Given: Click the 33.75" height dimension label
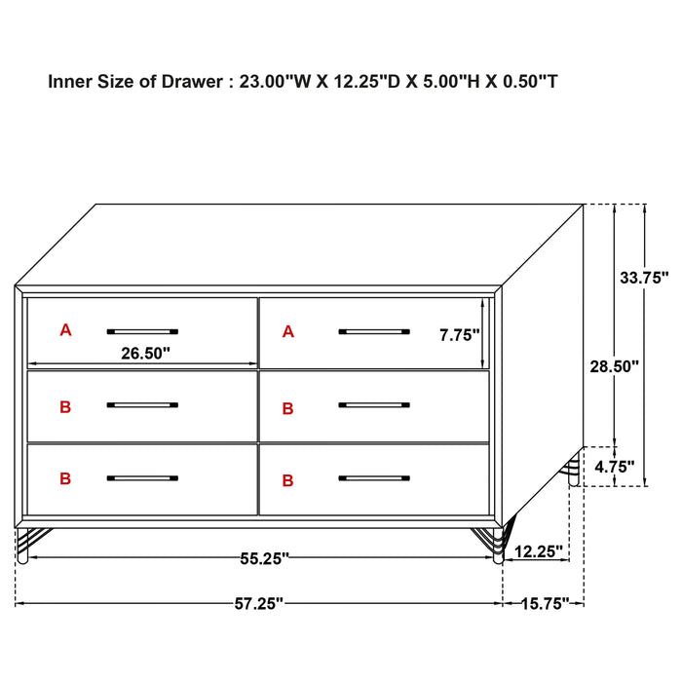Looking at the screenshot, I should pyautogui.click(x=644, y=277).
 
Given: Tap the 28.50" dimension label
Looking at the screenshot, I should pyautogui.click(x=614, y=366).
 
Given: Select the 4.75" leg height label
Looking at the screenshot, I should pyautogui.click(x=615, y=466).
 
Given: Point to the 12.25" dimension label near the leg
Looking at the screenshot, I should pyautogui.click(x=538, y=551).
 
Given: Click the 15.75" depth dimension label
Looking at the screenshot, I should pyautogui.click(x=544, y=604).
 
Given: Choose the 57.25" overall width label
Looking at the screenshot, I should pyautogui.click(x=258, y=604).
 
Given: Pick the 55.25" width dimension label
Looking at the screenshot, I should pyautogui.click(x=264, y=558).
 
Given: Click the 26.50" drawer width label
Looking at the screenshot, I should pyautogui.click(x=145, y=354).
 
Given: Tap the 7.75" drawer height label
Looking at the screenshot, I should pyautogui.click(x=460, y=335).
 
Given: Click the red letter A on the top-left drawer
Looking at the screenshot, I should pyautogui.click(x=65, y=330).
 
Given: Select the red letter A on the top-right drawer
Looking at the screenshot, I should pyautogui.click(x=287, y=332).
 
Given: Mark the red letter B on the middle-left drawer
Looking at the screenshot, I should pyautogui.click(x=65, y=407).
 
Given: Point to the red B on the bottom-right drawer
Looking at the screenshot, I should pyautogui.click(x=287, y=480).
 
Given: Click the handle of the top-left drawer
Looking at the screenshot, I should pyautogui.click(x=142, y=331).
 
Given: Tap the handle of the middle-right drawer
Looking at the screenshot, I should pyautogui.click(x=374, y=405).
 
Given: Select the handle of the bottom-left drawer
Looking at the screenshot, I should pyautogui.click(x=142, y=478).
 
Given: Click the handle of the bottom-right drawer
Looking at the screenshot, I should pyautogui.click(x=374, y=478).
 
